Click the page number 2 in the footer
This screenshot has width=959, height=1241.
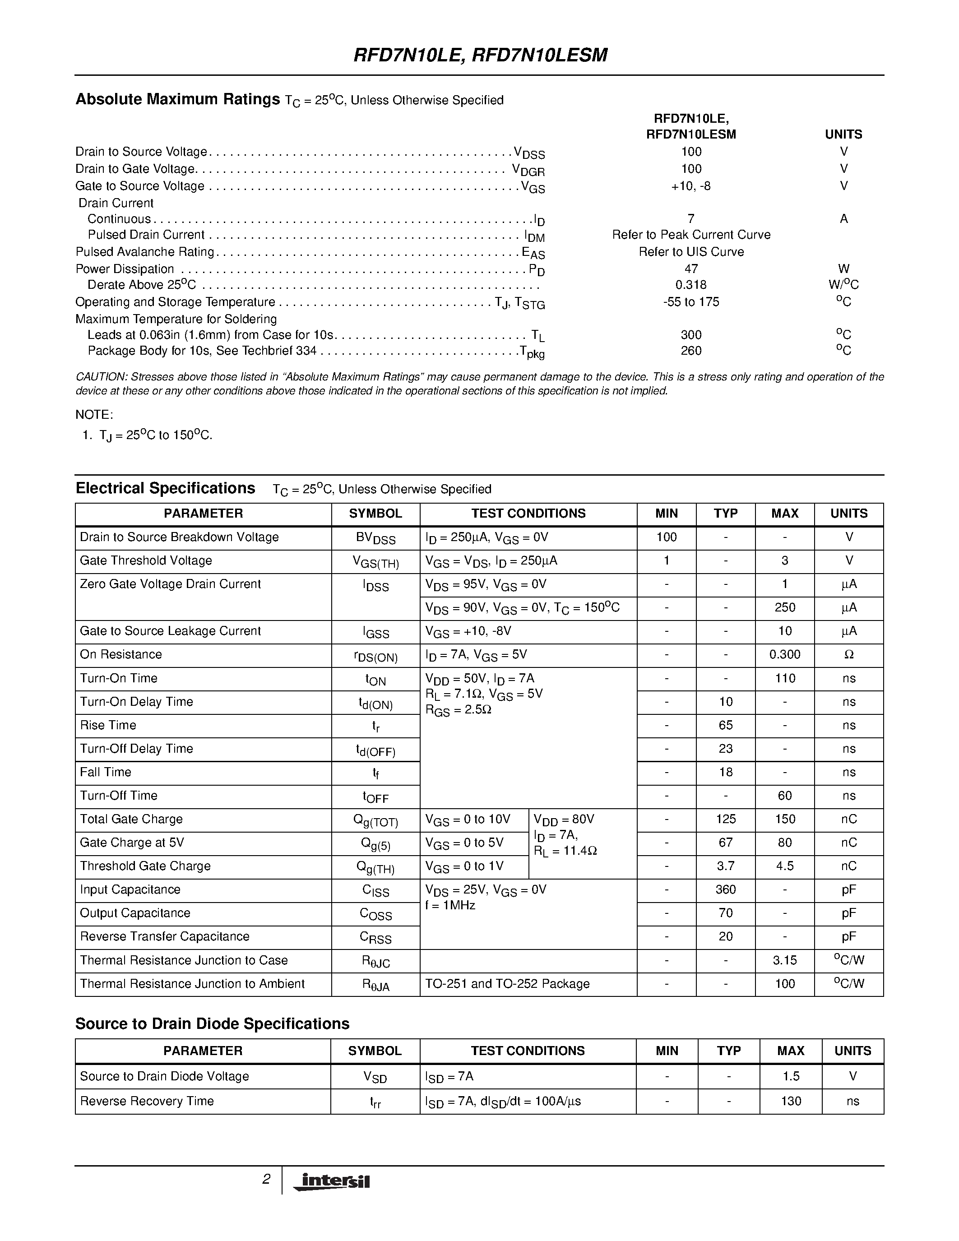tap(266, 1179)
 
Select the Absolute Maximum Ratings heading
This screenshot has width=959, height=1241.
tap(178, 99)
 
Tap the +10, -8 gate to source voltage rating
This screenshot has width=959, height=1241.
tap(691, 186)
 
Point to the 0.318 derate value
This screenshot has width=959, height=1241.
tap(691, 285)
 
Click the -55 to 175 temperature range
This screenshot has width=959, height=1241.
tap(691, 302)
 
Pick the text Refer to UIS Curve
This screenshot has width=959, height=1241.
tap(691, 252)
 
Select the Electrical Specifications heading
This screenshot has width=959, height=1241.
tap(165, 489)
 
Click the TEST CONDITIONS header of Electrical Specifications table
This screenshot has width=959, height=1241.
tap(528, 513)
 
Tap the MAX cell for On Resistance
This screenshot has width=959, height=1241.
tap(785, 655)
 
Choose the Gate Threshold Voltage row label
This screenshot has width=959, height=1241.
tap(146, 561)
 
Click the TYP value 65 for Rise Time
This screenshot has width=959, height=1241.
tap(726, 725)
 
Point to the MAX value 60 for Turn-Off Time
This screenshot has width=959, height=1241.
tap(785, 796)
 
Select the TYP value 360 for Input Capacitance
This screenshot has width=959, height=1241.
tap(726, 889)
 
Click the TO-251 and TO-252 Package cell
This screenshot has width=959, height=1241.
tap(507, 984)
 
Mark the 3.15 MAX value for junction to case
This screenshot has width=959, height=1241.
tap(785, 960)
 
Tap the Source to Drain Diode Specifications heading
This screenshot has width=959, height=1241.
tap(213, 1024)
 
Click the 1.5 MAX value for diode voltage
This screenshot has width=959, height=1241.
tap(790, 1076)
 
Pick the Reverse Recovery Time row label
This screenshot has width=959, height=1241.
tap(147, 1101)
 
